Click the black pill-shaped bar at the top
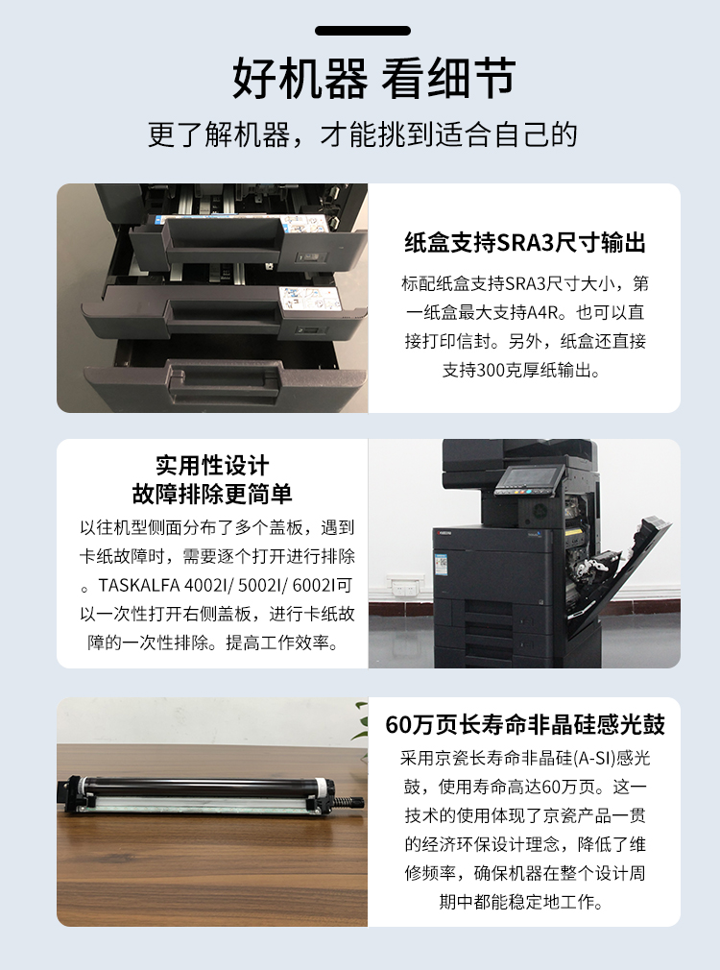362,32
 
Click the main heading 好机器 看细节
373,79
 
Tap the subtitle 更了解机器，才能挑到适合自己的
362,133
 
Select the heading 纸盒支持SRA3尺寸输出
524,243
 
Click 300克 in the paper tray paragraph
495,370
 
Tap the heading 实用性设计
212,466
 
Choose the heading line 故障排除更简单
212,495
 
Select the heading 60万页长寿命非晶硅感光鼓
524,724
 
